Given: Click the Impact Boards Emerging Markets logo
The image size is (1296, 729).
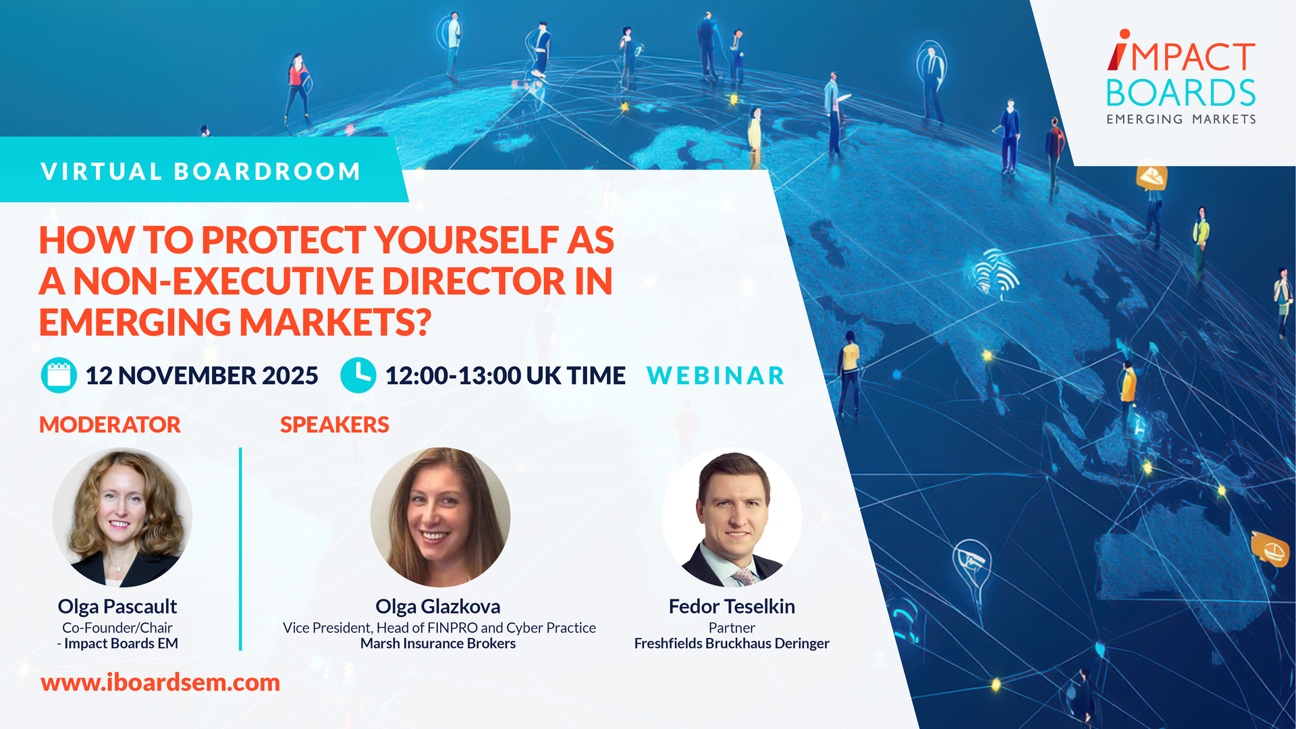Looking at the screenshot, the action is tap(1181, 77).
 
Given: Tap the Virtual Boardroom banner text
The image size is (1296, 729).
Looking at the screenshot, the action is tap(201, 171).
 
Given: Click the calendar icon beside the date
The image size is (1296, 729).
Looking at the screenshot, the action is tap(59, 375).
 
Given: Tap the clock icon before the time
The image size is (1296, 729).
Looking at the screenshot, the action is tap(358, 375).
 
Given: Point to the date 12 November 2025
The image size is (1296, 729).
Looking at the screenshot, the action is tap(202, 376).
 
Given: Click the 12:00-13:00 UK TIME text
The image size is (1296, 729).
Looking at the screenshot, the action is tap(506, 376).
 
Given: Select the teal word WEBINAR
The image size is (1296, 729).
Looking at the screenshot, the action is tap(716, 376).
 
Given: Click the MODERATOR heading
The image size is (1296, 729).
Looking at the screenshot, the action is tap(110, 425).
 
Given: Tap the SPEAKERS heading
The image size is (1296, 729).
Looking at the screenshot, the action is tap(335, 425).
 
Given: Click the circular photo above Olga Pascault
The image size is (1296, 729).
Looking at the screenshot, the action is tap(122, 517).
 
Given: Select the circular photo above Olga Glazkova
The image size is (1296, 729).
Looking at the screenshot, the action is tap(440, 517).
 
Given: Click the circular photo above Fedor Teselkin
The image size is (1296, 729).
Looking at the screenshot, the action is tap(732, 517).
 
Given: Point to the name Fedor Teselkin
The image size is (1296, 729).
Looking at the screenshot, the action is tap(732, 606).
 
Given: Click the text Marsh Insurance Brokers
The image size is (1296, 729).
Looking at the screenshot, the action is tap(438, 643).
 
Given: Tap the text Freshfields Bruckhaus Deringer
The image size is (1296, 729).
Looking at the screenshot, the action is tap(732, 643).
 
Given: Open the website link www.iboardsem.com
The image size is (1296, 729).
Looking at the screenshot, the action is tap(161, 682).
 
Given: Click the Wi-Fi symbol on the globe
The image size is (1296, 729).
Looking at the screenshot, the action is tap(996, 273).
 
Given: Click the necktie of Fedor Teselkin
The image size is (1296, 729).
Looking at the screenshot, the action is tap(744, 576).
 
